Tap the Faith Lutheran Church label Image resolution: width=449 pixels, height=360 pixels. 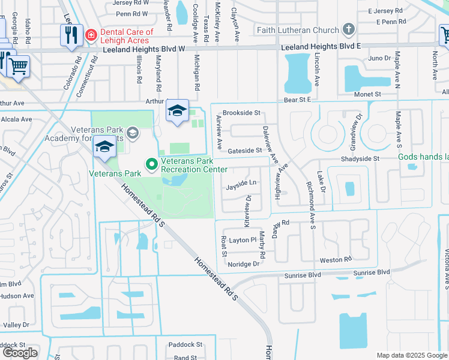tap(297, 29)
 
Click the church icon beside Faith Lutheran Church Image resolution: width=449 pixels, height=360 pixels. tap(348, 29)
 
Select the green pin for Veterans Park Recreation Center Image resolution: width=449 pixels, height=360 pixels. tap(152, 163)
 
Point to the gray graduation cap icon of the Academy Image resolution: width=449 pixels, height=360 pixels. tap(133, 133)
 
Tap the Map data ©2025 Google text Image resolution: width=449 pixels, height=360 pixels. tap(412, 355)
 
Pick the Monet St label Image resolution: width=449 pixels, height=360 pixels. tap(369, 94)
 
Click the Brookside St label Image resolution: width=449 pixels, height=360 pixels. tap(241, 113)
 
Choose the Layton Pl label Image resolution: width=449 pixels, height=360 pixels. tap(243, 239)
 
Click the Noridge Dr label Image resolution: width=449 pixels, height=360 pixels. tap(243, 263)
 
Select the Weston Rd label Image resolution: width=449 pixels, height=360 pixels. tap(336, 260)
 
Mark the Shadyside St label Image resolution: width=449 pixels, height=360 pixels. tap(360, 158)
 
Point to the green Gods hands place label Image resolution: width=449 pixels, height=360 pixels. tap(423, 157)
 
